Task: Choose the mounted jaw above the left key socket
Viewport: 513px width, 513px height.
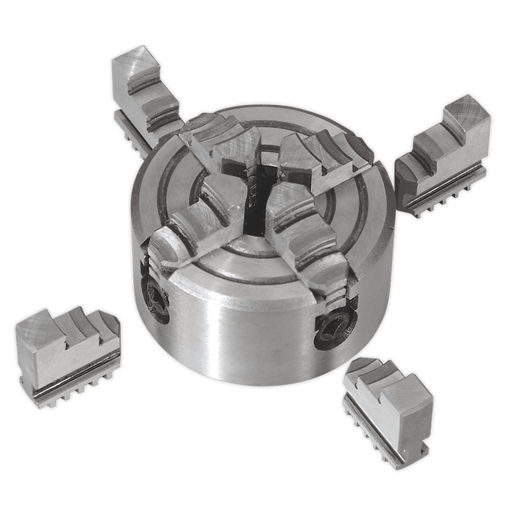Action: click(188, 228)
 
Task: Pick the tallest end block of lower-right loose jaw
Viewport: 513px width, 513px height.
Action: click(409, 401)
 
